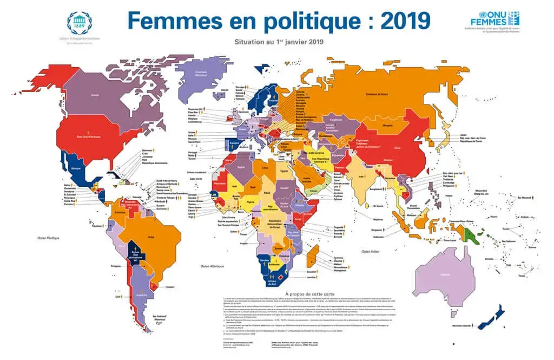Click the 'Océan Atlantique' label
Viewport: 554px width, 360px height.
point(212,266)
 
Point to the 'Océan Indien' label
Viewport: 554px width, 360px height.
point(372,252)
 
